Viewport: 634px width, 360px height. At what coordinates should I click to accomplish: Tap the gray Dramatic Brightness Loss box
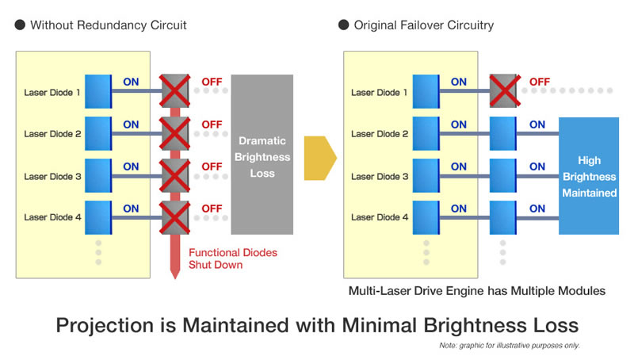click(262, 154)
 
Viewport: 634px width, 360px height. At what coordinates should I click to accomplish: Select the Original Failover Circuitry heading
click(423, 25)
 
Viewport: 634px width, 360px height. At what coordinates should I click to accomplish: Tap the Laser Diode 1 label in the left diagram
click(53, 92)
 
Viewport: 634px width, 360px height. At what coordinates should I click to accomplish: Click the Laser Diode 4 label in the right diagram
click(380, 217)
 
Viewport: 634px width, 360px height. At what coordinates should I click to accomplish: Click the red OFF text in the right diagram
click(540, 82)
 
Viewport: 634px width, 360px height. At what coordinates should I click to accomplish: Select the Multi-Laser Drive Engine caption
click(477, 291)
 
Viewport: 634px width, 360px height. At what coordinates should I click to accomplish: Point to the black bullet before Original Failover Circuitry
click(343, 25)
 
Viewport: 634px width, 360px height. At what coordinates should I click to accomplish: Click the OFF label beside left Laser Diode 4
click(212, 209)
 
